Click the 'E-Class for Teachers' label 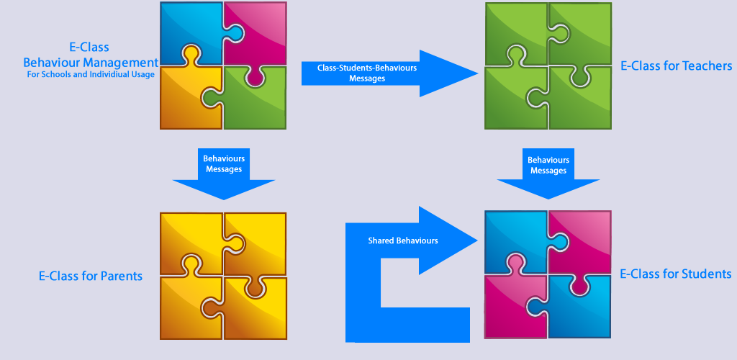[x=676, y=66]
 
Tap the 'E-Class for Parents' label [x=91, y=276]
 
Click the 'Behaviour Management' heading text [x=91, y=62]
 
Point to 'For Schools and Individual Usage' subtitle [x=91, y=74]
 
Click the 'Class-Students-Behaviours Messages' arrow [x=374, y=73]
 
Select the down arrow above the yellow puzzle [x=223, y=171]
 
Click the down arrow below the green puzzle [x=548, y=171]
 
